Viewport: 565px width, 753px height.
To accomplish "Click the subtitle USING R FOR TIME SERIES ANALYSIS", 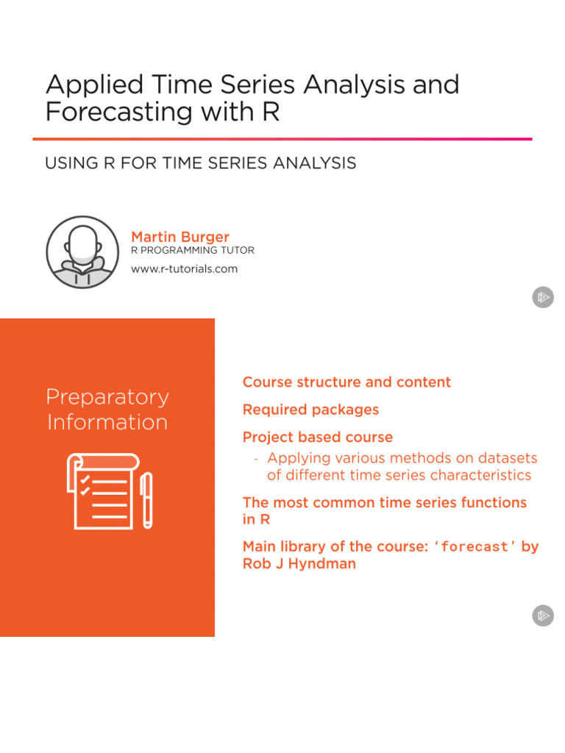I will pos(200,163).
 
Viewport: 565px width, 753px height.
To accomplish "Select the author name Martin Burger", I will pos(180,237).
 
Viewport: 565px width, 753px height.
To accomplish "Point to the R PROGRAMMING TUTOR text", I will pos(192,251).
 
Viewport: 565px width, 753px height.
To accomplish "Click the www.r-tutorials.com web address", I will pos(184,269).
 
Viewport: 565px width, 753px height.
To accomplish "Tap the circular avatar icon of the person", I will pos(82,252).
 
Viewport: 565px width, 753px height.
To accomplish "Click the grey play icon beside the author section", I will pos(543,298).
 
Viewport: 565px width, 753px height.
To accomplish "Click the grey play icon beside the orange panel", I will pos(543,615).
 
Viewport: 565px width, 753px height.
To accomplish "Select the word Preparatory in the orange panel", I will pos(107,397).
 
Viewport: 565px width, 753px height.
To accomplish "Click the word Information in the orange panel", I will pos(107,422).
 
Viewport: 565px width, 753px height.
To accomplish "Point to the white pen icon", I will pos(146,500).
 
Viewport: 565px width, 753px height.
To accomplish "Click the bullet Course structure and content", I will pos(347,382).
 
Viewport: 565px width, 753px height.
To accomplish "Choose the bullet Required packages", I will pos(310,410).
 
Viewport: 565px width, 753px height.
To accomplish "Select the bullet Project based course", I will pos(317,437).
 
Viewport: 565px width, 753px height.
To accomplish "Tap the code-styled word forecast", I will pos(475,547).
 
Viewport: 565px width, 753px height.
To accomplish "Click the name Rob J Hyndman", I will pos(299,564).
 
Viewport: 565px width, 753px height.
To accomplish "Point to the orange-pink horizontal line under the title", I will pos(282,138).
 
